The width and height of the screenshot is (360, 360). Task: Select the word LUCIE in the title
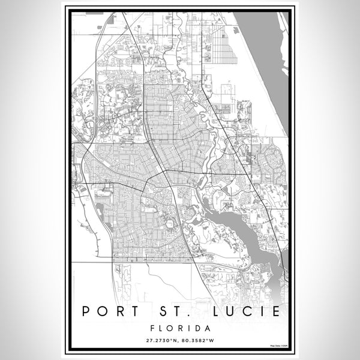247,313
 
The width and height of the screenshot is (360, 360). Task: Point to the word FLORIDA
180,329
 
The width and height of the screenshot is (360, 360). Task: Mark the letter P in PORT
87,313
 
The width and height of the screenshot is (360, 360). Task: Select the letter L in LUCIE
215,313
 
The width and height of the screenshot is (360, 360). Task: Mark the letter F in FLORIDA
155,329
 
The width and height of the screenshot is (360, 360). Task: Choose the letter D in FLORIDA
196,329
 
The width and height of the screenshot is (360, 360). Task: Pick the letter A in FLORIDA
206,329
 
